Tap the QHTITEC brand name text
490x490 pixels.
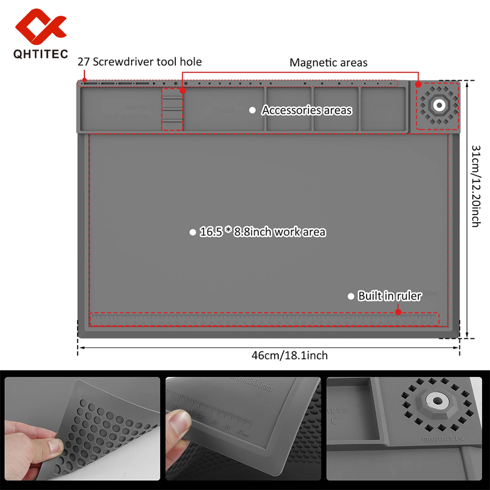(x=41, y=54)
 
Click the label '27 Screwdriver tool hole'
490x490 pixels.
(x=140, y=62)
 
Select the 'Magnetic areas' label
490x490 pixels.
(x=328, y=62)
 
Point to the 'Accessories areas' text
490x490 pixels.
(x=307, y=110)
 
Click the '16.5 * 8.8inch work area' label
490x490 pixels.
(x=263, y=232)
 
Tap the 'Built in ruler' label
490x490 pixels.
(x=390, y=296)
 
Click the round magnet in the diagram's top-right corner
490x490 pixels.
(x=438, y=105)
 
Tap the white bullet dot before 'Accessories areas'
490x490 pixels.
(x=252, y=110)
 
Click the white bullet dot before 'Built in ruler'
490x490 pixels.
(x=351, y=296)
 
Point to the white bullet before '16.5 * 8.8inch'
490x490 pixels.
(x=193, y=232)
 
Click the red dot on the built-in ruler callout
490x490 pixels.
(x=398, y=312)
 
